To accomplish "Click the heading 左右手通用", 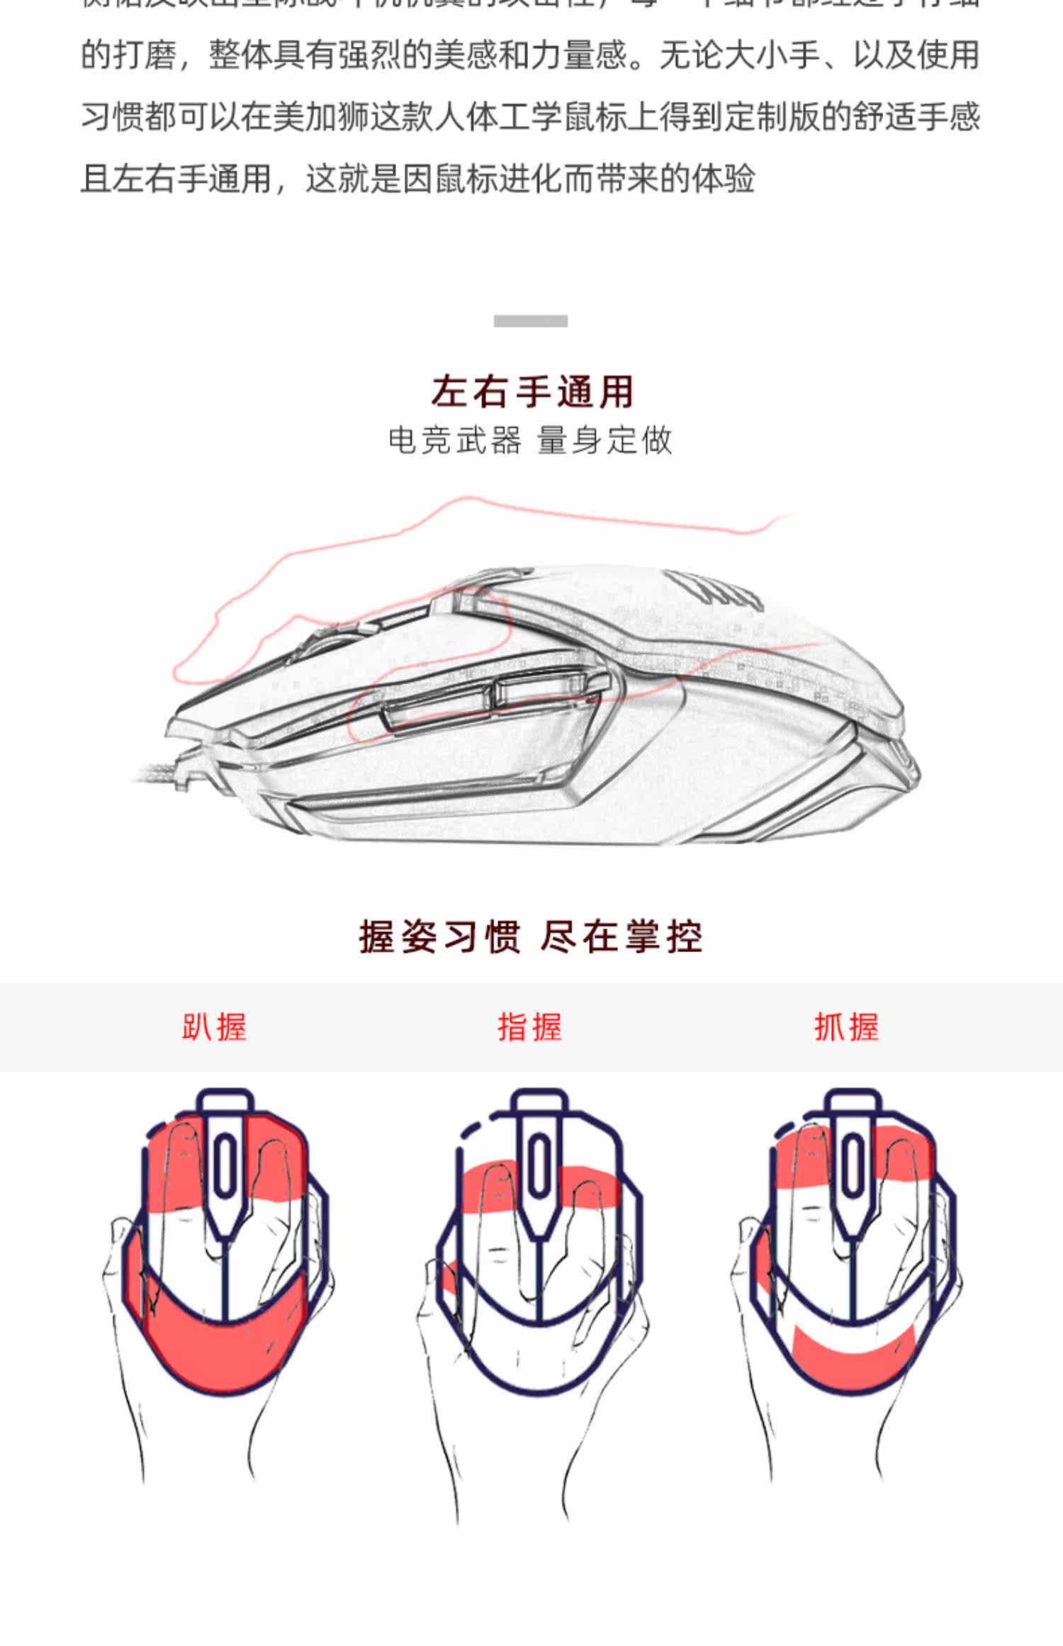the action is point(531,392).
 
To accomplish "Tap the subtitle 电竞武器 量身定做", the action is point(530,440).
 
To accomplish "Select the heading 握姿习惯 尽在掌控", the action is point(530,937).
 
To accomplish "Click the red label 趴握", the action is point(214,1027).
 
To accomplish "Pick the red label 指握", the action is point(529,1027).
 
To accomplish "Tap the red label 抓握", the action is point(846,1027).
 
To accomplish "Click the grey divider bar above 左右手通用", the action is point(530,321).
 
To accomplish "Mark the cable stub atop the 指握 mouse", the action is point(539,1103).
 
